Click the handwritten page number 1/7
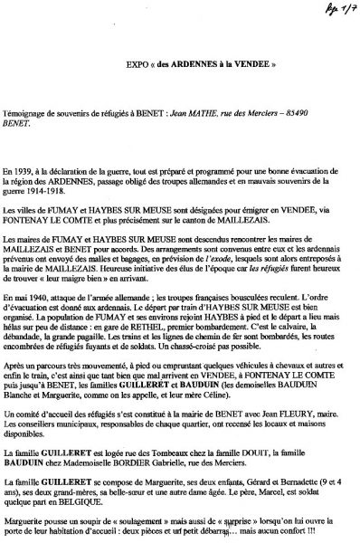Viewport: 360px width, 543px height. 333,13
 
